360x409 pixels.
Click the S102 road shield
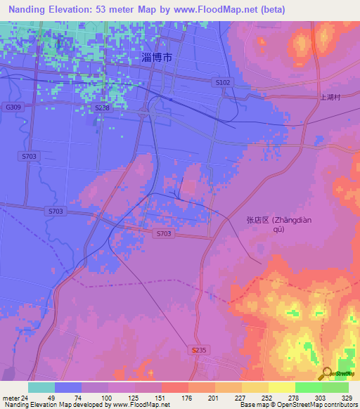pos(223,82)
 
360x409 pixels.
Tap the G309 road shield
pos(11,107)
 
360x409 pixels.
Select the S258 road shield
pos(103,108)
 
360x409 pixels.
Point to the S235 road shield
pos(199,349)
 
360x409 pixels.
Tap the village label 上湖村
pos(330,98)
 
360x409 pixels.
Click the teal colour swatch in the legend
pos(41,387)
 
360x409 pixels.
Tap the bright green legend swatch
pos(308,387)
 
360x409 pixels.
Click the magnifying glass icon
pos(326,373)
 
